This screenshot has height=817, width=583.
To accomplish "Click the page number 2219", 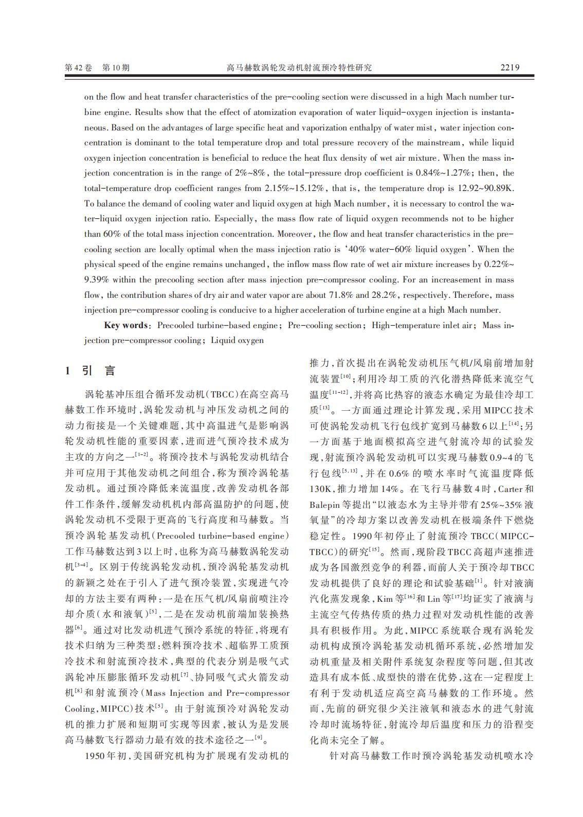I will pyautogui.click(x=510, y=67).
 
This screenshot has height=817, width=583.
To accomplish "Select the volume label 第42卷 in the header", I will pyautogui.click(x=79, y=68).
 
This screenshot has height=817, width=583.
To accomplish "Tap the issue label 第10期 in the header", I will pyautogui.click(x=116, y=68).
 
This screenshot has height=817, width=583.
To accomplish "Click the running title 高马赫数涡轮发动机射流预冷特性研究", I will pyautogui.click(x=299, y=68).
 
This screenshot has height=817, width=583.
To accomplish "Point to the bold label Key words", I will pyautogui.click(x=126, y=326).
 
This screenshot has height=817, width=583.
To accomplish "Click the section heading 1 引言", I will pyautogui.click(x=90, y=371).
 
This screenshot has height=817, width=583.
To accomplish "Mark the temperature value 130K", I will pyautogui.click(x=321, y=489).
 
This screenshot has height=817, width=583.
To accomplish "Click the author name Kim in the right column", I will pyautogui.click(x=385, y=599).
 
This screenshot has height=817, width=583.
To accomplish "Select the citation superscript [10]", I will pyautogui.click(x=346, y=377).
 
